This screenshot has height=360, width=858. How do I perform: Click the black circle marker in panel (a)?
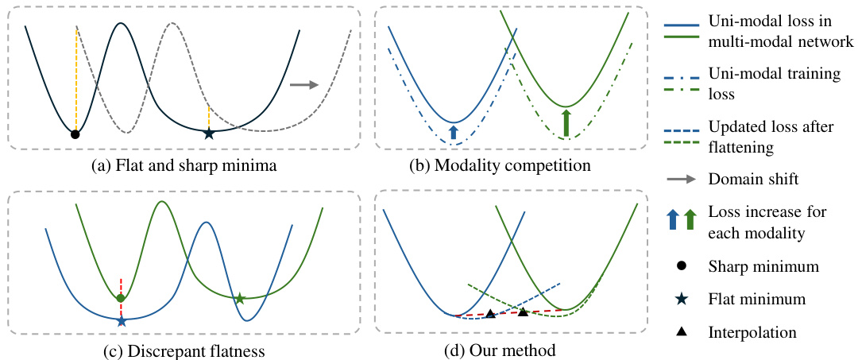75,134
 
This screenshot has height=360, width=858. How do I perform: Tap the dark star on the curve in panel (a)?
208,134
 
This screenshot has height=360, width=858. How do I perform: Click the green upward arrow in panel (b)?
566,123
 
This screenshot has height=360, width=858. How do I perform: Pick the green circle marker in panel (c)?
121,298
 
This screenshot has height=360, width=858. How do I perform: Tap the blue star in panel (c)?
122,322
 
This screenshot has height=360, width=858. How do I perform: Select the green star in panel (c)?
239,299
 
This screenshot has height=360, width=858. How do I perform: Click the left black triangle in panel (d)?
490,314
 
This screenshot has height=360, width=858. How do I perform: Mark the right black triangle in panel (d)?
524,312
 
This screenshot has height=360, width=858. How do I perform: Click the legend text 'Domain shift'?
753,180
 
